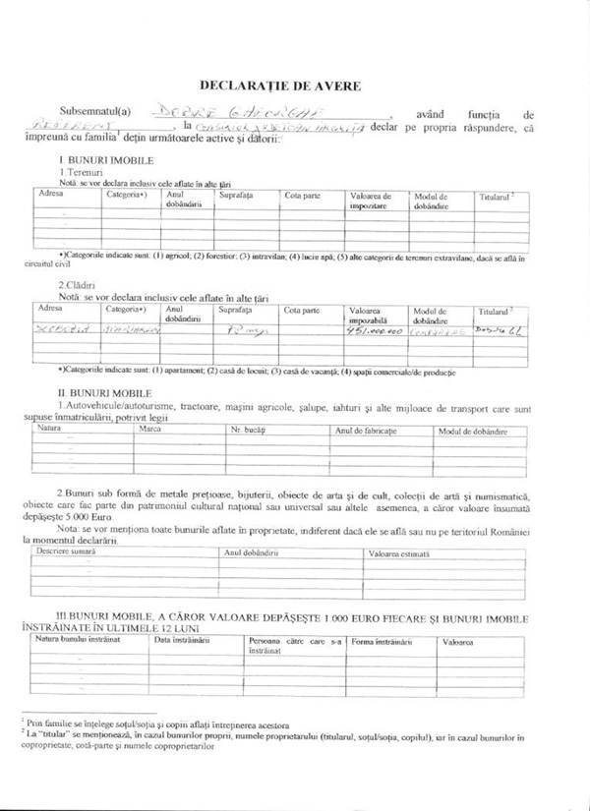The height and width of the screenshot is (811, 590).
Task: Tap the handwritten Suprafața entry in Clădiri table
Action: coord(237,331)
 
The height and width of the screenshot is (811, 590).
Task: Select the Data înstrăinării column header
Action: coord(182,640)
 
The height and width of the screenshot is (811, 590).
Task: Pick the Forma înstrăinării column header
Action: coord(382,640)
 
